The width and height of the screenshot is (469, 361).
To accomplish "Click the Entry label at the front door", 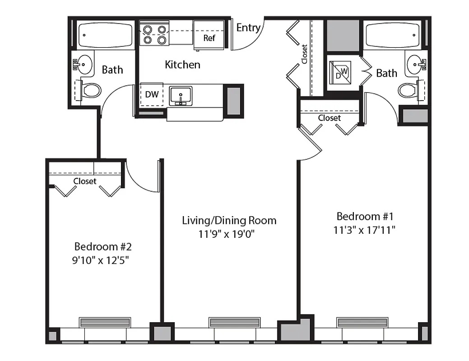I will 248,28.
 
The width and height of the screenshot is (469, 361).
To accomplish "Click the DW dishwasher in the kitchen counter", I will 152,95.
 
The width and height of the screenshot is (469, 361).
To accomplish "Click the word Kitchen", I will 182,65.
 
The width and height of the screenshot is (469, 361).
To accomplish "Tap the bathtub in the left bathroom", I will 105,35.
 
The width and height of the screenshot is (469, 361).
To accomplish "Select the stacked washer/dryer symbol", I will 342,73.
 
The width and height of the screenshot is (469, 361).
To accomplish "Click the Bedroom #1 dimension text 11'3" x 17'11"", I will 365,230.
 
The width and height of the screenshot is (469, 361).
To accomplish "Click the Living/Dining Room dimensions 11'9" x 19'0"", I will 229,234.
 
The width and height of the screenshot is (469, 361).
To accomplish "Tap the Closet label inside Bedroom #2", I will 85,181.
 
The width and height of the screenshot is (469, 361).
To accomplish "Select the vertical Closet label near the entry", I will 304,54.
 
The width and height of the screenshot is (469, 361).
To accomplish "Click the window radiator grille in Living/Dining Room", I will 234,322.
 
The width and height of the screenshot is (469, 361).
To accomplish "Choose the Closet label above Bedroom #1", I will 330,118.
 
